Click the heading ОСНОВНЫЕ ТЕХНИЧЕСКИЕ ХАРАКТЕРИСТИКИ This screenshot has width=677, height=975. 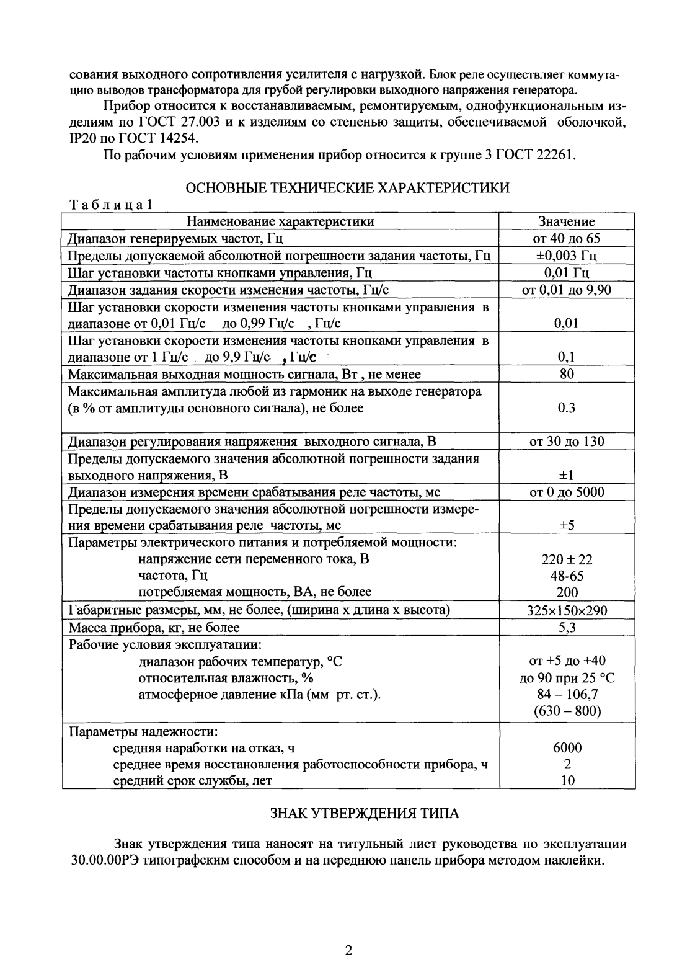348,188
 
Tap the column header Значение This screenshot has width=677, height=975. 567,221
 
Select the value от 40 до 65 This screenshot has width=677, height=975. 567,239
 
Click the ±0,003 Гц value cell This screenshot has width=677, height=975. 567,256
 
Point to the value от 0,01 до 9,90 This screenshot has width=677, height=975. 567,290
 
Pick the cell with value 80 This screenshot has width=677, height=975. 567,374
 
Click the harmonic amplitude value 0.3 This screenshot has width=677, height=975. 567,407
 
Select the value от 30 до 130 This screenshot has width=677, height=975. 567,442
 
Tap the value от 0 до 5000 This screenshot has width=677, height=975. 567,492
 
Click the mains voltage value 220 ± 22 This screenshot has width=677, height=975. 567,559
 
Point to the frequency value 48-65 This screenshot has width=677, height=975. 567,576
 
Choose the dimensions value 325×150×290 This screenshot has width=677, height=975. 567,611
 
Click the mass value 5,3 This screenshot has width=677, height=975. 567,628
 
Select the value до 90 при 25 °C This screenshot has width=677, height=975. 567,678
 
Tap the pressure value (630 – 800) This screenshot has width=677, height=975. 567,711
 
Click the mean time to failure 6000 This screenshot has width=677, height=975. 567,748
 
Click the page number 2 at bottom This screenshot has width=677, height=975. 348,950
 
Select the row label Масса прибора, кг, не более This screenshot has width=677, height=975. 154,628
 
